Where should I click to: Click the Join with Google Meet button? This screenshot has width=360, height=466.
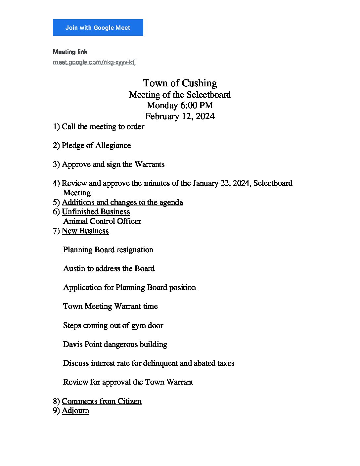click(x=98, y=27)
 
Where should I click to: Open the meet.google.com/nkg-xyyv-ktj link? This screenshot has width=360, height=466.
click(x=94, y=62)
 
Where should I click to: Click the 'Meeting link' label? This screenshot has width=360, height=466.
click(x=70, y=52)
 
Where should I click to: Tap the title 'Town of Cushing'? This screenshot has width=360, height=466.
click(x=180, y=83)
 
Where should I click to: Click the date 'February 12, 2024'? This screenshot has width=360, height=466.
click(x=180, y=117)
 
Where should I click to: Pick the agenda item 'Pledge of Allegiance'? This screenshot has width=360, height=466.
click(x=96, y=146)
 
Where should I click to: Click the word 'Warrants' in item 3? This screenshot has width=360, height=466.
click(x=150, y=164)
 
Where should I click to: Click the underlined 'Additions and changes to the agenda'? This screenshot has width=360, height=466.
click(x=122, y=203)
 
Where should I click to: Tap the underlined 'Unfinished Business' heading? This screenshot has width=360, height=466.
click(x=96, y=212)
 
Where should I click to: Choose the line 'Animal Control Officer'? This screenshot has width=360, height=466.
click(x=102, y=221)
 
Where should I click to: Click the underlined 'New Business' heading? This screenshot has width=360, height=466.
click(x=85, y=231)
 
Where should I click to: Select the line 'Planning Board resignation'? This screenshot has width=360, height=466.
click(x=108, y=250)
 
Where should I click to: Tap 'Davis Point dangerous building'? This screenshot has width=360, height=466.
click(x=115, y=345)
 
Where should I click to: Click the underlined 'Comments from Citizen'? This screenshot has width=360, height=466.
click(x=102, y=401)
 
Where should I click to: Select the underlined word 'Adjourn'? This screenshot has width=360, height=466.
click(x=75, y=411)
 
